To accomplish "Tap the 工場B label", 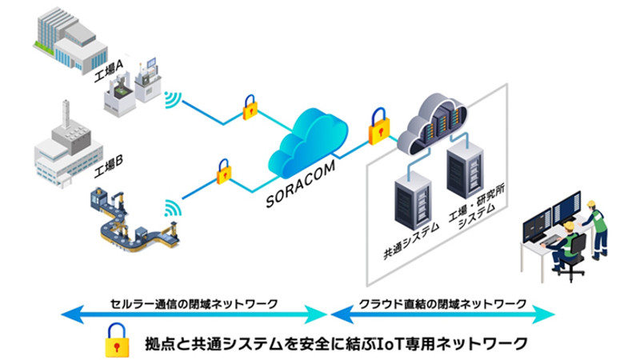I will pyautogui.click(x=109, y=164).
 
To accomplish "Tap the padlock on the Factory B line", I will pyautogui.click(x=223, y=171).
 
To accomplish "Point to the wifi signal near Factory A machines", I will pyautogui.click(x=173, y=101).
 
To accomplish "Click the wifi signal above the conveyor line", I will pyautogui.click(x=171, y=210).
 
